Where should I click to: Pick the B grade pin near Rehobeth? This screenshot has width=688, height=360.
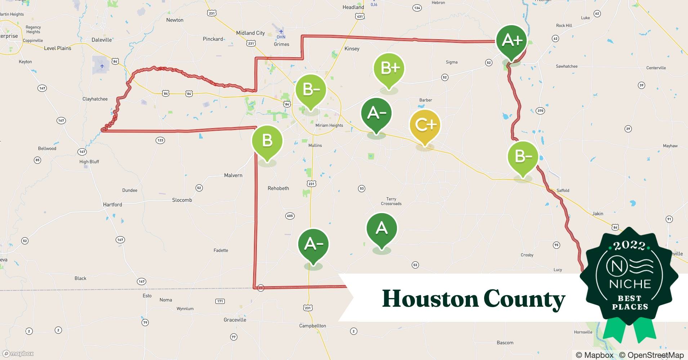(267, 140)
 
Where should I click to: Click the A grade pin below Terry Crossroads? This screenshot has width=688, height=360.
(381, 228)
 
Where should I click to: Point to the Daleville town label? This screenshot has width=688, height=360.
(102, 40)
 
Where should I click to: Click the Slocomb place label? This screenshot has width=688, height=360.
(182, 200)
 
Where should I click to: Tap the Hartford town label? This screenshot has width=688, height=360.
(112, 204)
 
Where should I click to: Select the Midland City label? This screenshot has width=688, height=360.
(250, 33)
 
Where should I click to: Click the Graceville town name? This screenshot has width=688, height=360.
(235, 320)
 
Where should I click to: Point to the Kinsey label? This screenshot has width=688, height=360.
(352, 49)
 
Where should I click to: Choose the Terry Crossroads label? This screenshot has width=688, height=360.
(391, 201)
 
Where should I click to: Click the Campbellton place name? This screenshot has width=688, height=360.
(312, 326)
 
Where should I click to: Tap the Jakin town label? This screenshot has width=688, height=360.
(598, 213)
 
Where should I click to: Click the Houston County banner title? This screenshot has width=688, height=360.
(473, 299)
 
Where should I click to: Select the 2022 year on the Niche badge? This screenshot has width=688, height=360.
(629, 246)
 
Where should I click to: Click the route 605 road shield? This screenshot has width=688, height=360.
(290, 216)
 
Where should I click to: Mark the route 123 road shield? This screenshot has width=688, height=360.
(160, 140)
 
